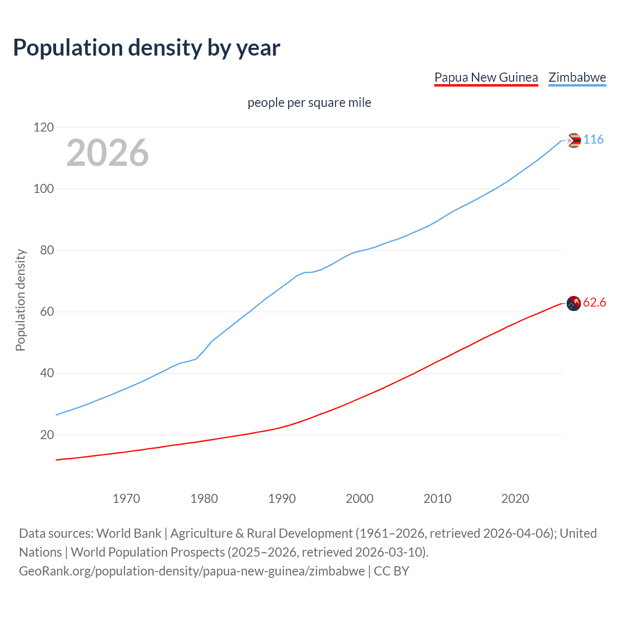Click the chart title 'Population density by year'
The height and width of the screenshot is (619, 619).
(147, 48)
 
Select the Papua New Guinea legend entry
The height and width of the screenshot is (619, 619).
(486, 77)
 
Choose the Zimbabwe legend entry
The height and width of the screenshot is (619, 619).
(577, 77)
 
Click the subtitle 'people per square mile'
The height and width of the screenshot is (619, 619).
(309, 103)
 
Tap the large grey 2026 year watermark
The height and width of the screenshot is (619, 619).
(107, 153)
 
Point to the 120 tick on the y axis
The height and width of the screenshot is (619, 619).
(44, 128)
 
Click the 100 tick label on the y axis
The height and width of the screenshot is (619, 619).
(44, 189)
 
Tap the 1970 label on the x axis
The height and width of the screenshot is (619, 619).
(126, 499)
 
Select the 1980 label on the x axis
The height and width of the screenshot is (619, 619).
(204, 499)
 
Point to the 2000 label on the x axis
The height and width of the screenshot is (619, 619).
(359, 499)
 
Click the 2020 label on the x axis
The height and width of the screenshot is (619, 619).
(515, 499)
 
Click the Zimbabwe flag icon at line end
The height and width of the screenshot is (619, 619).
(574, 141)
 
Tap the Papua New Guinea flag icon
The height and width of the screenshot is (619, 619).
(574, 304)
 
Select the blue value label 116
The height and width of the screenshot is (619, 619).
(593, 140)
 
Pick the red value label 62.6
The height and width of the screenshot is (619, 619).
(594, 303)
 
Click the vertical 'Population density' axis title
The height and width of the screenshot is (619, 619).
(20, 300)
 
